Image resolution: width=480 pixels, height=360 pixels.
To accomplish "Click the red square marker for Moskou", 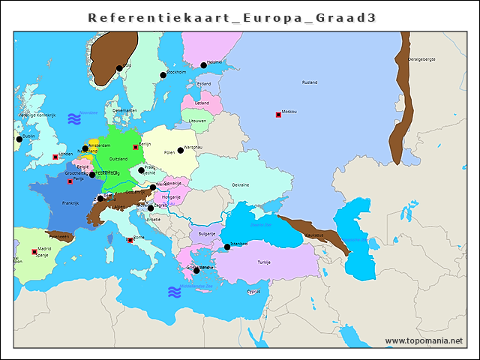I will pyautogui.click(x=278, y=115).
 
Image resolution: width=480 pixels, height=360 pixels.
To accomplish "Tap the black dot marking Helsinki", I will pyautogui.click(x=203, y=65).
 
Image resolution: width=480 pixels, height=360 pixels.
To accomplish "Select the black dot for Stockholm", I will pyautogui.click(x=163, y=75).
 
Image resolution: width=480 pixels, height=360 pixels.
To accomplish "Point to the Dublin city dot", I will pyautogui.click(x=19, y=139).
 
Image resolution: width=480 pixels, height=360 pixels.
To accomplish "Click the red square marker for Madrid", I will pyautogui.click(x=34, y=252).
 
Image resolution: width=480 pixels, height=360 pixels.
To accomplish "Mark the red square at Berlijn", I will pyautogui.click(x=135, y=147).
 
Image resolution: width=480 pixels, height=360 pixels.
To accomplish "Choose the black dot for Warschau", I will pyautogui.click(x=181, y=150).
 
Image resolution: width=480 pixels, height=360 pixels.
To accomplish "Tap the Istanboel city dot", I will pyautogui.click(x=227, y=247).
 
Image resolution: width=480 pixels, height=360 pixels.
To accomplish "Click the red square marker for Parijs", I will pyautogui.click(x=70, y=181).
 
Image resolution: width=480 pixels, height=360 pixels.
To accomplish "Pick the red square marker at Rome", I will pyautogui.click(x=130, y=240).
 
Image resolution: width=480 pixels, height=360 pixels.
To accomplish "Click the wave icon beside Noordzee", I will pyautogui.click(x=73, y=118).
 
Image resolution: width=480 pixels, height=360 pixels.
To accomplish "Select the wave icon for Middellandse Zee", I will pyautogui.click(x=174, y=292).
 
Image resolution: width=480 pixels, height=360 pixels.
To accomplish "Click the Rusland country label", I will pyautogui.click(x=309, y=82).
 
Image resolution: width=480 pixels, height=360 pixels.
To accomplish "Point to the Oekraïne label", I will pyautogui.click(x=240, y=184).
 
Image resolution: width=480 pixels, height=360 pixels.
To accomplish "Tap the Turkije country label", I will pyautogui.click(x=264, y=262).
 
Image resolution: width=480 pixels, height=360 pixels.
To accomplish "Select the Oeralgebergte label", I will pyautogui.click(x=421, y=59).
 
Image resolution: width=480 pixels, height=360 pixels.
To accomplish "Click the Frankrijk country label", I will pyautogui.click(x=70, y=203).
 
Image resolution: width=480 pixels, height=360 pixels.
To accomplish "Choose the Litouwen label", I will pyautogui.click(x=197, y=120).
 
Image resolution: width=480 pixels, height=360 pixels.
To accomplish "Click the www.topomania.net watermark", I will pyautogui.click(x=424, y=341).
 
